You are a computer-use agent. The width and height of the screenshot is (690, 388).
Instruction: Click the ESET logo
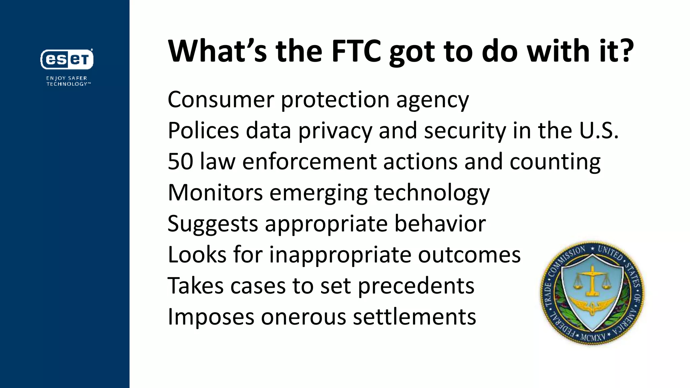pyautogui.click(x=67, y=59)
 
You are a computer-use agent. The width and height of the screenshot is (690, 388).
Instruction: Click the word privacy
pyautogui.click(x=335, y=131)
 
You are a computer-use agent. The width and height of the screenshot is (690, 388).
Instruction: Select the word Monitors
pyautogui.click(x=215, y=193)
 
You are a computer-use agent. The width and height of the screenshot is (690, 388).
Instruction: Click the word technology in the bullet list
pyautogui.click(x=432, y=193)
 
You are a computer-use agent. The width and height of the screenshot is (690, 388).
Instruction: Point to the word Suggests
pyautogui.click(x=213, y=224)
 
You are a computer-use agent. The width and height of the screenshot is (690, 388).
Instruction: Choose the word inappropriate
pyautogui.click(x=340, y=255)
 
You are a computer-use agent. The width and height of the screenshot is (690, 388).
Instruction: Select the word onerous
pyautogui.click(x=303, y=317)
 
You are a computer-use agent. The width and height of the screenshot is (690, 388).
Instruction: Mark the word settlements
pyautogui.click(x=414, y=317)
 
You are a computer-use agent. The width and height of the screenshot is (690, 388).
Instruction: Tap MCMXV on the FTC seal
pyautogui.click(x=593, y=336)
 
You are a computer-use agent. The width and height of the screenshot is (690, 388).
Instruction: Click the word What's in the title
pyautogui.click(x=217, y=51)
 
